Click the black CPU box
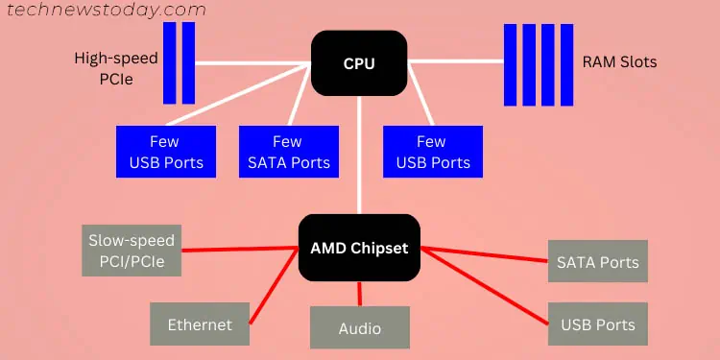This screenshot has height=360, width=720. [x=359, y=63]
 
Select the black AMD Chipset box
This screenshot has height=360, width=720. [x=359, y=248]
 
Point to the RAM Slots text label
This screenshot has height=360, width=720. [x=619, y=62]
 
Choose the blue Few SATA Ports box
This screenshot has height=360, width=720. [x=288, y=152]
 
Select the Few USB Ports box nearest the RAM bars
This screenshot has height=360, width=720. [x=433, y=152]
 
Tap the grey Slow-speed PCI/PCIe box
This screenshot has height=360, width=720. [x=132, y=251]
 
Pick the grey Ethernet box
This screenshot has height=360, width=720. [x=200, y=324]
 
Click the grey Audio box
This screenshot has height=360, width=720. [x=360, y=327]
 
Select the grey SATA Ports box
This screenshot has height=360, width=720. [x=598, y=261]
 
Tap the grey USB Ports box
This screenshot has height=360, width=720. [x=598, y=324]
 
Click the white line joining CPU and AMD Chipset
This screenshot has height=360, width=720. [x=360, y=154]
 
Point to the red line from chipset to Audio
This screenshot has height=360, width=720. [x=360, y=293]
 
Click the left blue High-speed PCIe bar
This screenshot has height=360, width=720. [x=170, y=63]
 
